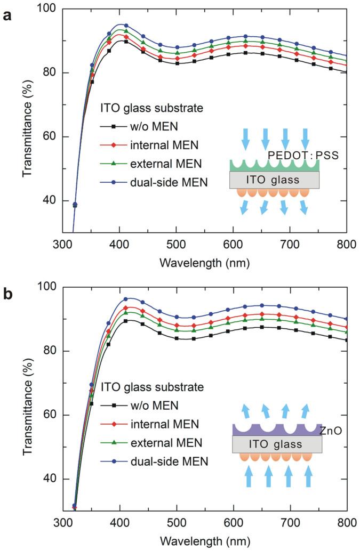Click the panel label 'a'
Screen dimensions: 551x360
click(x=7, y=15)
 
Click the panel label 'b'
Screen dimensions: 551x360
click(x=7, y=294)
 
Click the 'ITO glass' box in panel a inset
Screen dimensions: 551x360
click(x=274, y=180)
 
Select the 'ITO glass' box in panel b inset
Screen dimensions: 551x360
click(x=277, y=444)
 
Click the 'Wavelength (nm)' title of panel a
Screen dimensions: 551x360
click(x=204, y=263)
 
